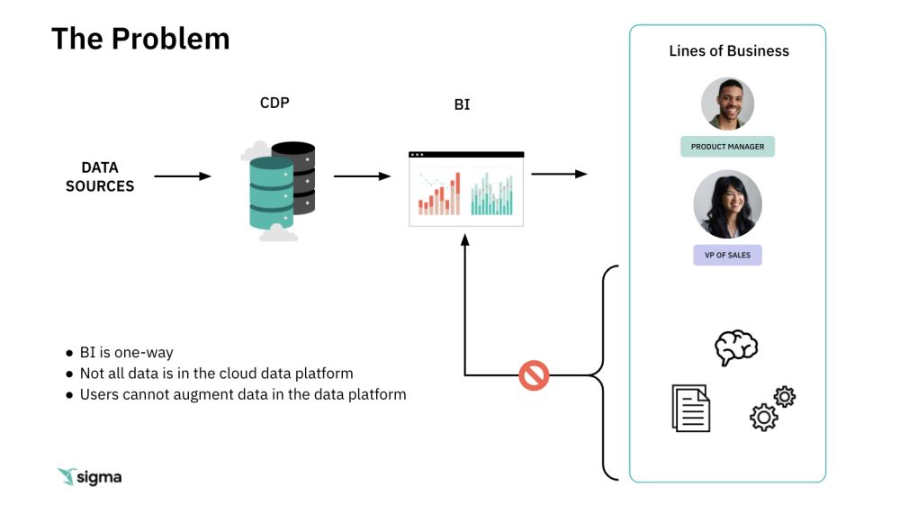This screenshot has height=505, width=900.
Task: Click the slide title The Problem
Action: click(140, 39)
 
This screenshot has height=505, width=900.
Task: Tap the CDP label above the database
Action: click(274, 103)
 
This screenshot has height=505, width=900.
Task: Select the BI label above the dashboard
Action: click(462, 104)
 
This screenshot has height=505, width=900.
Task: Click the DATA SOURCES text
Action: click(100, 176)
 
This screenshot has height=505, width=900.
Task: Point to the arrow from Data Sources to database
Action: click(183, 176)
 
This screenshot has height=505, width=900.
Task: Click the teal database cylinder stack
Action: click(272, 194)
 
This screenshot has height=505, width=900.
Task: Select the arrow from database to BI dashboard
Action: click(362, 176)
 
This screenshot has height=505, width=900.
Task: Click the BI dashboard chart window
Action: click(466, 189)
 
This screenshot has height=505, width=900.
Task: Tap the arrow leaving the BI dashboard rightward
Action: click(560, 174)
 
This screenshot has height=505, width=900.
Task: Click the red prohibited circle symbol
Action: click(534, 375)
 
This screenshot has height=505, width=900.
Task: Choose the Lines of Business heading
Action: click(729, 51)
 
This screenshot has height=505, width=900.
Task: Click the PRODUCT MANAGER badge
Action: click(727, 147)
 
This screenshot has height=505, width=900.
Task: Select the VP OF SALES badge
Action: click(727, 255)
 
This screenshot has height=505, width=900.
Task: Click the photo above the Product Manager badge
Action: click(727, 104)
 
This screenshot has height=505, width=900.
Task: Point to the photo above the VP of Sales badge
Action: click(727, 204)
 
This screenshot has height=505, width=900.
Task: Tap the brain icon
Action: click(736, 347)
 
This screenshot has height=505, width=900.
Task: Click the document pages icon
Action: click(691, 408)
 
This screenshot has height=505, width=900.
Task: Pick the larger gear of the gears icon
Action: click(763, 417)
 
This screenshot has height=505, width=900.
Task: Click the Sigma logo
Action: click(89, 477)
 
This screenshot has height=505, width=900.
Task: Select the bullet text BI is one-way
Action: click(126, 352)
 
